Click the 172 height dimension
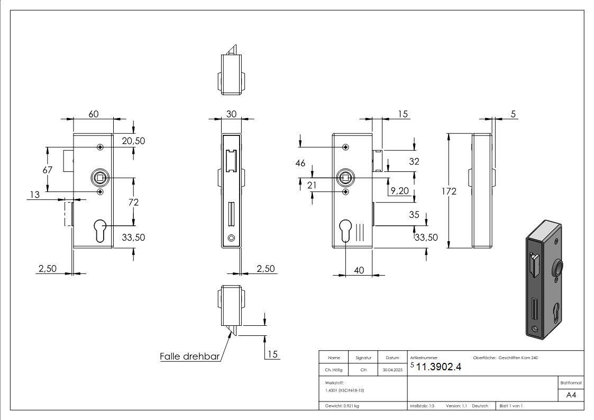pos(449,191)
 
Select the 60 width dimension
pos(93,114)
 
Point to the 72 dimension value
pos(134,202)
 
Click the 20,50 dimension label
pos(133,141)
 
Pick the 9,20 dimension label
pos(399,191)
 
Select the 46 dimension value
pos(300,163)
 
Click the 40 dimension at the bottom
pos(359,270)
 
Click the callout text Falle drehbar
pos(189,357)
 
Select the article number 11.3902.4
pos(439,368)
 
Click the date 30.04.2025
pos(392,370)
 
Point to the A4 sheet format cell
pos(571,395)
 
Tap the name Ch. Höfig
pos(334,370)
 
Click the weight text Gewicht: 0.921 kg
pos(342,406)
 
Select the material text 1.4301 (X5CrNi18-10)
pos(345,390)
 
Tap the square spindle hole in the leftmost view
pos(99,178)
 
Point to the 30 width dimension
pos(231,114)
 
